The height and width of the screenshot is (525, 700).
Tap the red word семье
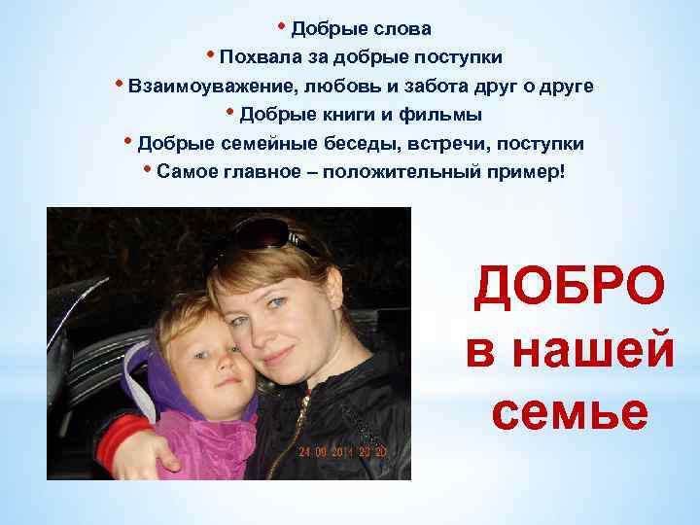click(x=570, y=413)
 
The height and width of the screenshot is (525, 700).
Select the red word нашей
click(x=570, y=351)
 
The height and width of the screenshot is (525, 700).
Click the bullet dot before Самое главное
click(x=147, y=170)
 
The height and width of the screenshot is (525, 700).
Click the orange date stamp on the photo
click(x=343, y=451)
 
